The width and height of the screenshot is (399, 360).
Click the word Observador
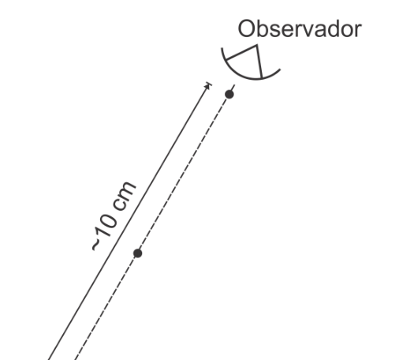[x=300, y=29]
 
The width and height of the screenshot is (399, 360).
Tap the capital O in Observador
[x=246, y=29]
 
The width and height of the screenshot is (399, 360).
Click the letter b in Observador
[x=263, y=29]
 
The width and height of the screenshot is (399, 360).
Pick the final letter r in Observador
[x=358, y=31]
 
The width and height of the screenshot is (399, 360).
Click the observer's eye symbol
[x=251, y=62]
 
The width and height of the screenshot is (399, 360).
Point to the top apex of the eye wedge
[x=256, y=46]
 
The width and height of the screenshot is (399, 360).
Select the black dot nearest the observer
[x=229, y=94]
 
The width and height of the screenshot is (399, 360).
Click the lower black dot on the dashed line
[x=138, y=253]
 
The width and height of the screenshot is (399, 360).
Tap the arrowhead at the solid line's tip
[x=207, y=86]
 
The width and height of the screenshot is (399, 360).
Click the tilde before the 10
[x=96, y=245]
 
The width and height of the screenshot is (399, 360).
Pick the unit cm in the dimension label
[x=124, y=196]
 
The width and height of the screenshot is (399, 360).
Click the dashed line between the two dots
[x=184, y=174]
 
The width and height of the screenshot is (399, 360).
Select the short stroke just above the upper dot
[x=233, y=88]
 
